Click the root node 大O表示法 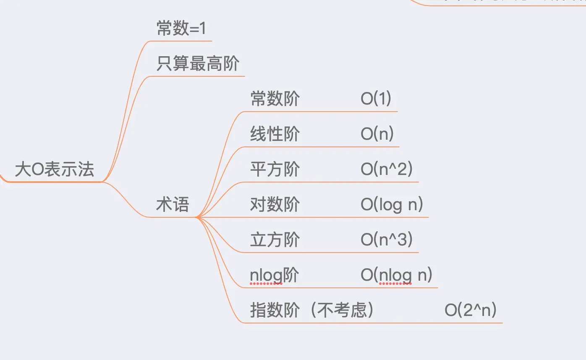(x=55, y=170)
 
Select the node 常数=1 (x=181, y=29)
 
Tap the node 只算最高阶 (x=198, y=64)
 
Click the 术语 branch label (x=173, y=205)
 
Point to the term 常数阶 (x=275, y=99)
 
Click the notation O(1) (x=376, y=99)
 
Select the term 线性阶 (x=275, y=134)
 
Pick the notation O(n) (x=377, y=134)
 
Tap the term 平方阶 (x=275, y=170)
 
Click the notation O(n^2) (x=387, y=170)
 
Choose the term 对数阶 (x=275, y=205)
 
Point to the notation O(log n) (x=392, y=205)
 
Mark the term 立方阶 (x=275, y=240)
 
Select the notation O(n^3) (x=387, y=240)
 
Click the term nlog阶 (x=274, y=275)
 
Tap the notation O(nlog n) (x=396, y=275)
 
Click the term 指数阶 (x=275, y=310)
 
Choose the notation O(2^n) (x=471, y=310)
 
